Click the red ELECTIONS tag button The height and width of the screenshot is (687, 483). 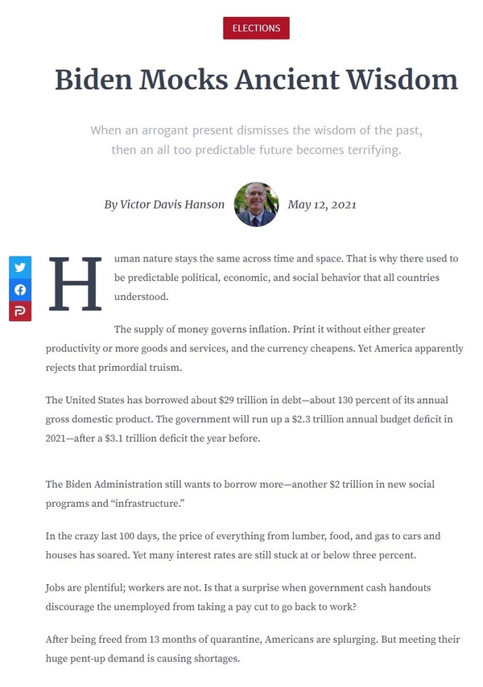(x=256, y=28)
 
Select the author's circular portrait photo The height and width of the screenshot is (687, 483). (x=256, y=204)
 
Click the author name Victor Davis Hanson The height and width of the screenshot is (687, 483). (x=164, y=204)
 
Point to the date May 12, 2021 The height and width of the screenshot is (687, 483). (x=322, y=204)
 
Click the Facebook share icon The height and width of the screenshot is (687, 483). (x=20, y=290)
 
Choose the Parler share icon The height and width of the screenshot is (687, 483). (x=20, y=311)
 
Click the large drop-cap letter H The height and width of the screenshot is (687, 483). (x=76, y=285)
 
